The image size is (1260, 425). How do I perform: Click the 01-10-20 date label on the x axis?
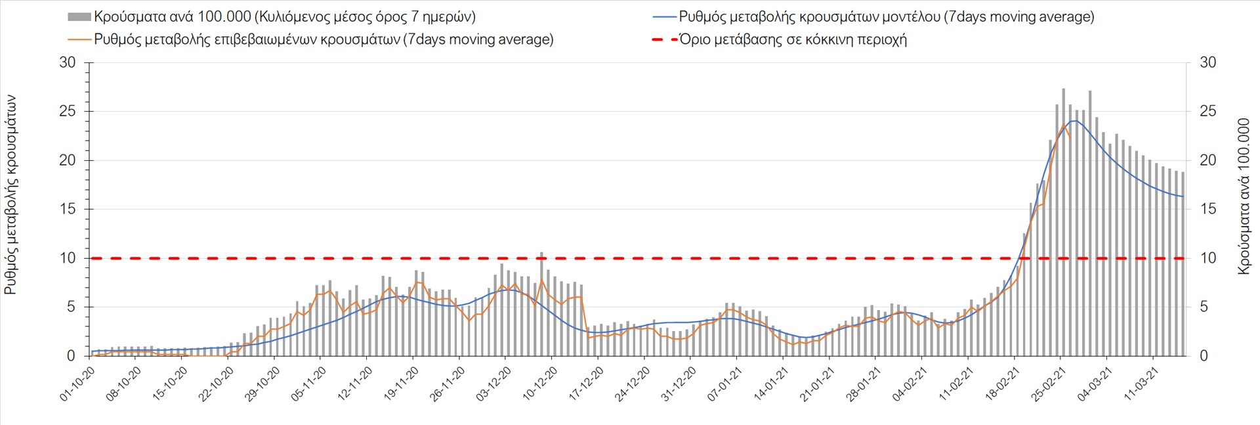point(77,384)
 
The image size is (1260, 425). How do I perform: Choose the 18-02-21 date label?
point(1002,384)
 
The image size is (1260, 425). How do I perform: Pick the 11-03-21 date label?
point(1141,384)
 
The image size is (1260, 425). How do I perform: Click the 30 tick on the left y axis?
point(68,63)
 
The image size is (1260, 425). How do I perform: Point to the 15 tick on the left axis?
point(68,210)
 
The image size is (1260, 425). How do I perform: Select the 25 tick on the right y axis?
point(1208,112)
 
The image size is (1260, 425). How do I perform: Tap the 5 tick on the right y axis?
point(1204,307)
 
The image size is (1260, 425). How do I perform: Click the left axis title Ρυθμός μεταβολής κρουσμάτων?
point(11,194)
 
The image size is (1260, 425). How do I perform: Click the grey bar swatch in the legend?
point(79,17)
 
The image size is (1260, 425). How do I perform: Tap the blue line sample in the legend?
point(664,17)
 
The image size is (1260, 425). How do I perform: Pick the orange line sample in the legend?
point(79,39)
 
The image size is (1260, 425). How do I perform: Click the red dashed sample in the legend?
point(664,39)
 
